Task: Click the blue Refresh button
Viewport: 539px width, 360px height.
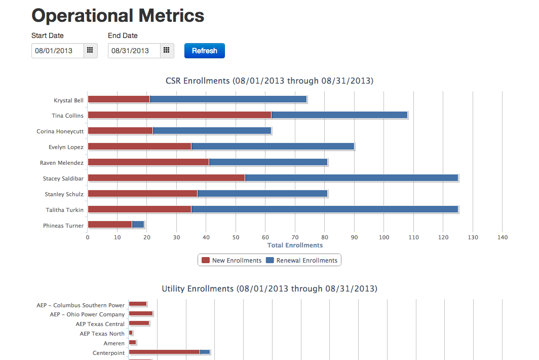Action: [204, 51]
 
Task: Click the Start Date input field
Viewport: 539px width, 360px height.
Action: [58, 51]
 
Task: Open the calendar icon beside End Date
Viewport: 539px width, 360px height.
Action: [167, 51]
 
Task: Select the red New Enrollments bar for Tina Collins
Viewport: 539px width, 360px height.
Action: [179, 115]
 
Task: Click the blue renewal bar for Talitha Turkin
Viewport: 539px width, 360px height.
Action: [324, 209]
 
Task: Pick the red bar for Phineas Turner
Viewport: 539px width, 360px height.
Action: [109, 225]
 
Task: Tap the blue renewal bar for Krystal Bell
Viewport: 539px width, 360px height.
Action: [228, 99]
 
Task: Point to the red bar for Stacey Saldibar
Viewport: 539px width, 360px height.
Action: [166, 178]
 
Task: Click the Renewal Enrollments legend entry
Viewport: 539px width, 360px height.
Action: [302, 261]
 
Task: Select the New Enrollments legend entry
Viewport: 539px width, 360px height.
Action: [232, 261]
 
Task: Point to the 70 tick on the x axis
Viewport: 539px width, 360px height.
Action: [295, 237]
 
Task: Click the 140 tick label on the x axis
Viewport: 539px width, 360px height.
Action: [502, 237]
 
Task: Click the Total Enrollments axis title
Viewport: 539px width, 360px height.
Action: [295, 245]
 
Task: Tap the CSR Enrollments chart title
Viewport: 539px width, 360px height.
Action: [269, 81]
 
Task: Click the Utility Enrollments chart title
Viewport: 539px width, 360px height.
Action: [269, 289]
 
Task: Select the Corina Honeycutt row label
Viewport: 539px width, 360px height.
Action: [60, 131]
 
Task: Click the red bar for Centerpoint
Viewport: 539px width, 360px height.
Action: [164, 352]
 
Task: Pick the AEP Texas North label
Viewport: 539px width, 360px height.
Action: [102, 334]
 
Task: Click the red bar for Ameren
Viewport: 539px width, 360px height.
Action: [132, 342]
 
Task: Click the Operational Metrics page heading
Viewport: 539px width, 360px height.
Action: [118, 16]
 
